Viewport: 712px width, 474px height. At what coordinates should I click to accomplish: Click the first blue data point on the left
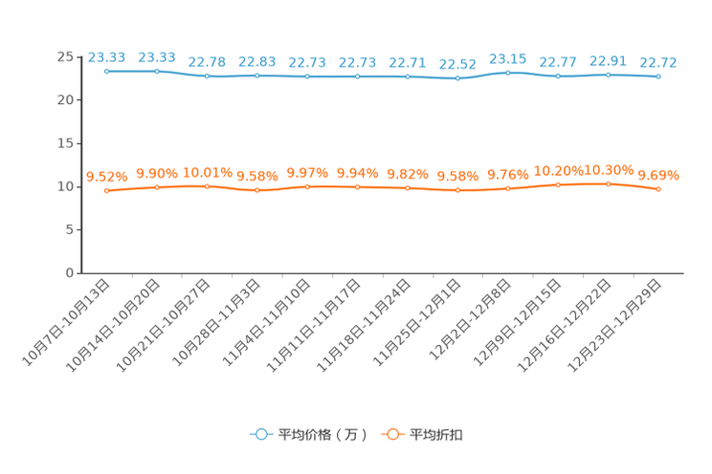pyautogui.click(x=106, y=71)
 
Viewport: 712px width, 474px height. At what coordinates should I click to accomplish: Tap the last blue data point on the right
pyautogui.click(x=658, y=76)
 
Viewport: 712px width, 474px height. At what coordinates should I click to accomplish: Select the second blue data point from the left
pyautogui.click(x=157, y=71)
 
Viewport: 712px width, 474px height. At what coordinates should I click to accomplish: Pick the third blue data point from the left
pyautogui.click(x=207, y=75)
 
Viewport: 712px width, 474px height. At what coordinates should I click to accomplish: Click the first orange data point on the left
pyautogui.click(x=107, y=191)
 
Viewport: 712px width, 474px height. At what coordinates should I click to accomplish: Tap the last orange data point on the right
pyautogui.click(x=658, y=189)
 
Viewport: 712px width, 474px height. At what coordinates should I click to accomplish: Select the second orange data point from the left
pyautogui.click(x=157, y=187)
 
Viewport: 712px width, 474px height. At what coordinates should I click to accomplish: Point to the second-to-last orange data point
pyautogui.click(x=608, y=183)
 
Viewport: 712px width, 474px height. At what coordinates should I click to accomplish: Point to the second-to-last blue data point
pyautogui.click(x=608, y=74)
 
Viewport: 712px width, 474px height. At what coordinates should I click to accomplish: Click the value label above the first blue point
pyautogui.click(x=105, y=57)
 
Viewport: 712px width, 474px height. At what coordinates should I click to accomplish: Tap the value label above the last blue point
pyautogui.click(x=659, y=63)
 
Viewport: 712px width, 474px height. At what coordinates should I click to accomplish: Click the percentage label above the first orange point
pyautogui.click(x=106, y=177)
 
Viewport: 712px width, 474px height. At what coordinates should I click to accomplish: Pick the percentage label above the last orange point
pyautogui.click(x=658, y=175)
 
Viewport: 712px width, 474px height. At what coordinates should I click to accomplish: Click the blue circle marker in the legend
pyautogui.click(x=259, y=434)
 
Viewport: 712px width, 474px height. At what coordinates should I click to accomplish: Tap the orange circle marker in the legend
pyautogui.click(x=392, y=434)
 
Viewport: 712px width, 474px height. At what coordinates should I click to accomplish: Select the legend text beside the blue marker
pyautogui.click(x=322, y=435)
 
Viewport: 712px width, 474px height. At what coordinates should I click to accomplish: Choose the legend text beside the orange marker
pyautogui.click(x=437, y=435)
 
